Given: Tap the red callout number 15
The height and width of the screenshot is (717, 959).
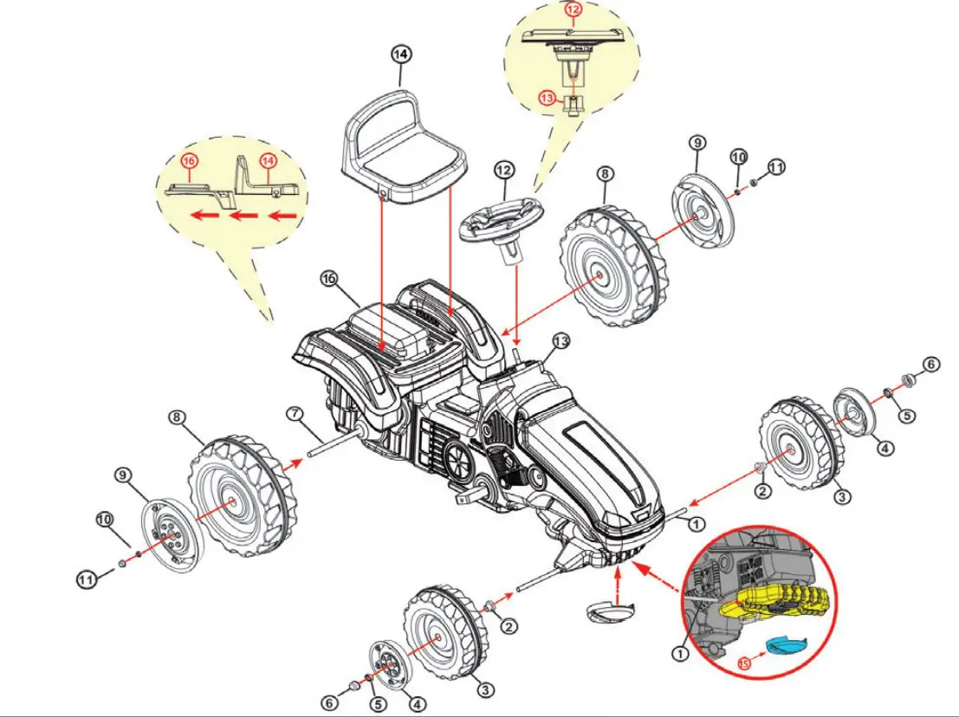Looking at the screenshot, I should tap(744, 663).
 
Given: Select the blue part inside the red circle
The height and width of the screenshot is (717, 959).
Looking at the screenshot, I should tap(786, 643).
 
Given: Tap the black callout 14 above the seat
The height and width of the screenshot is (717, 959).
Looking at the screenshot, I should tap(400, 55).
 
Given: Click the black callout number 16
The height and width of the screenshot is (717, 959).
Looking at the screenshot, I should tap(328, 278).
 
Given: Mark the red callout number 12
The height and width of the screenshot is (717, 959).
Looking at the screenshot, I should tap(572, 10).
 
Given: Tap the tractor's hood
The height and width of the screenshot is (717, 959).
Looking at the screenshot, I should tap(598, 450).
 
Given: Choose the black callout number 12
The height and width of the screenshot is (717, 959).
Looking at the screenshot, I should tap(504, 170).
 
